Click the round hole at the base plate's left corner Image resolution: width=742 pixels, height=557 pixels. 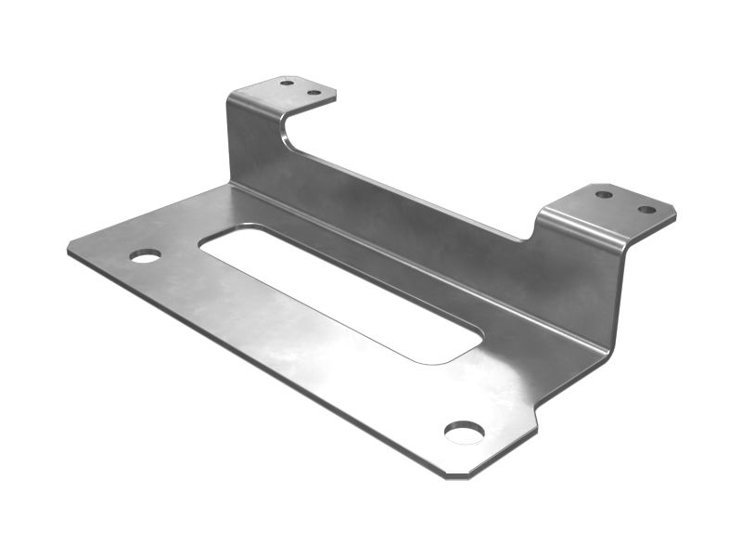pos(146,255)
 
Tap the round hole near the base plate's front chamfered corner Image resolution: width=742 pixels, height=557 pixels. pos(464,432)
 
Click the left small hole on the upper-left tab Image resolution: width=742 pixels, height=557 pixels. pos(288,83)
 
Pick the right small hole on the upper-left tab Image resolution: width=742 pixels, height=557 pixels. pos(313,93)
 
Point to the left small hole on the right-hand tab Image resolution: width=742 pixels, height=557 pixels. pos(604,195)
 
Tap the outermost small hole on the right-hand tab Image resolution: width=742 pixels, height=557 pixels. pos(646,210)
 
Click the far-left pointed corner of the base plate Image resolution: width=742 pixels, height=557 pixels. pos(70,250)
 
